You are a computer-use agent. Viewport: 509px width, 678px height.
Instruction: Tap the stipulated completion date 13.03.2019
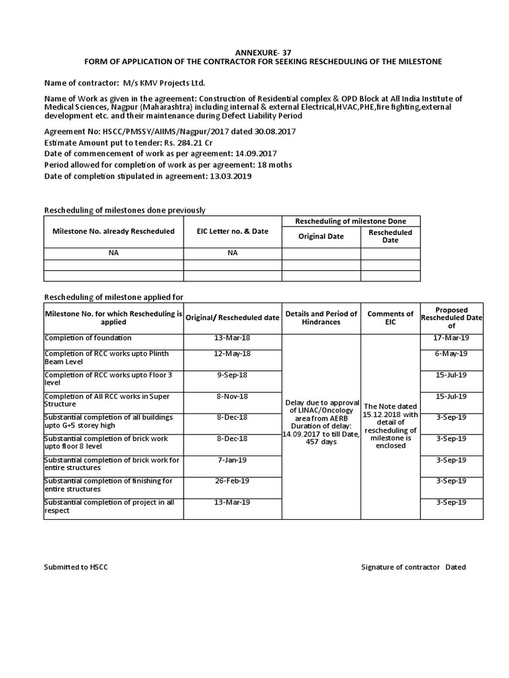[x=229, y=177]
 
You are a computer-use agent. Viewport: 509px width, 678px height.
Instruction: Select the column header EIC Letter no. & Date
[x=232, y=232]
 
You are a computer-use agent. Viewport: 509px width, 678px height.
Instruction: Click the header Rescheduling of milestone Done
[x=351, y=220]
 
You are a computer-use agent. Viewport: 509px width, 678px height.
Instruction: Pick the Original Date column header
[x=321, y=236]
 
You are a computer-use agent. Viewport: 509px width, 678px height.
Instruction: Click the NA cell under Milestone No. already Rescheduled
[x=113, y=253]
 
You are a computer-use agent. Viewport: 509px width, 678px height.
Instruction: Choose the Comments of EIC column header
[x=390, y=318]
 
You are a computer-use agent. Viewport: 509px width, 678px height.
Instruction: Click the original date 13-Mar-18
[x=232, y=338]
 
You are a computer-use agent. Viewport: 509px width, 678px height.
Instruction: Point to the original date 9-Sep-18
[x=232, y=375]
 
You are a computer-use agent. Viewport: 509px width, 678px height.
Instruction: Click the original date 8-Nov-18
[x=232, y=396]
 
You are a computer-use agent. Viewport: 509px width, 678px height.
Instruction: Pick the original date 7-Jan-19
[x=232, y=460]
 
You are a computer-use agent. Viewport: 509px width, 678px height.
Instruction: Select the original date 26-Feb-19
[x=232, y=481]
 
